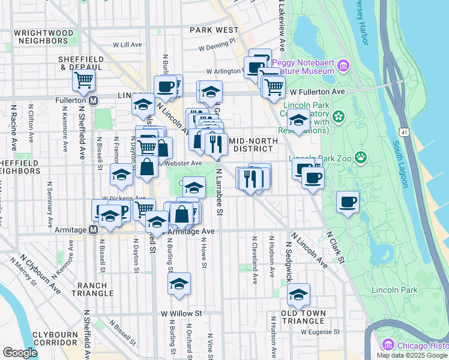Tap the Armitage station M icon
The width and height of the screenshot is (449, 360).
click(x=94, y=229)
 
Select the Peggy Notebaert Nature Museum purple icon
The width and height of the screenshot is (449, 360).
click(x=343, y=65)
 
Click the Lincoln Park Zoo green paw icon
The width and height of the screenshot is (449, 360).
click(x=361, y=158)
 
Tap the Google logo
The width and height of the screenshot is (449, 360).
click(x=20, y=353)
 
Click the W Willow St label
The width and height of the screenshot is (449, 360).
click(x=182, y=313)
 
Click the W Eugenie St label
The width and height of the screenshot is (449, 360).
click(x=321, y=331)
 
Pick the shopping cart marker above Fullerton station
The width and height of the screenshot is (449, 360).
click(x=83, y=80)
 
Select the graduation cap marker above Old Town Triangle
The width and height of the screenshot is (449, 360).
click(x=298, y=294)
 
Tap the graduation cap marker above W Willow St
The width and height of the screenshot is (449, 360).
click(x=179, y=284)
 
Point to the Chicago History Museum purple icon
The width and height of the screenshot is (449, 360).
click(x=388, y=345)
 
